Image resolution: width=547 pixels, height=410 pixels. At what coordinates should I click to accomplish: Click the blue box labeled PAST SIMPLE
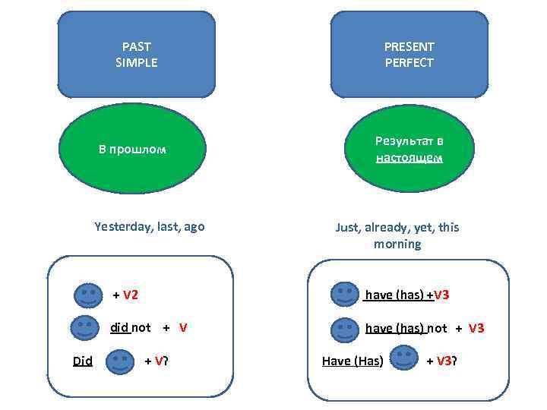[137, 55]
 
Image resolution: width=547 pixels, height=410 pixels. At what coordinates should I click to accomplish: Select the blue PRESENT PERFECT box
[409, 55]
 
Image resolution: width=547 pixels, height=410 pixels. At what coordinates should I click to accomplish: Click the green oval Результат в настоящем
[409, 149]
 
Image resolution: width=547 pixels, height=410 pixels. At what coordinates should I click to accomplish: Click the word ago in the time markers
[193, 226]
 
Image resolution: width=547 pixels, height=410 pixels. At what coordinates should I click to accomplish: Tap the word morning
[397, 244]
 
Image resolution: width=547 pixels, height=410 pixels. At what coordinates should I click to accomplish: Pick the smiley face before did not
[85, 328]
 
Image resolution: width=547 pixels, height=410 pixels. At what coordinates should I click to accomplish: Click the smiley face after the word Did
[118, 361]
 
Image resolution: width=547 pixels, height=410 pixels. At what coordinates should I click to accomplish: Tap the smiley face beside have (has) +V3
[346, 295]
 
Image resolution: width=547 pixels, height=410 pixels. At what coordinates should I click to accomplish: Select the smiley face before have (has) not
[346, 328]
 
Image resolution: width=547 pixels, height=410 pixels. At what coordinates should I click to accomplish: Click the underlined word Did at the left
[82, 361]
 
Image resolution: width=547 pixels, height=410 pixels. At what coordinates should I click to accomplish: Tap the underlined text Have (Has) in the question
[353, 361]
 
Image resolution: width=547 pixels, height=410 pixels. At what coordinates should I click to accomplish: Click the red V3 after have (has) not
[476, 328]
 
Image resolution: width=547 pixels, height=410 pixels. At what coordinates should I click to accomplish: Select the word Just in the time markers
[348, 227]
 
